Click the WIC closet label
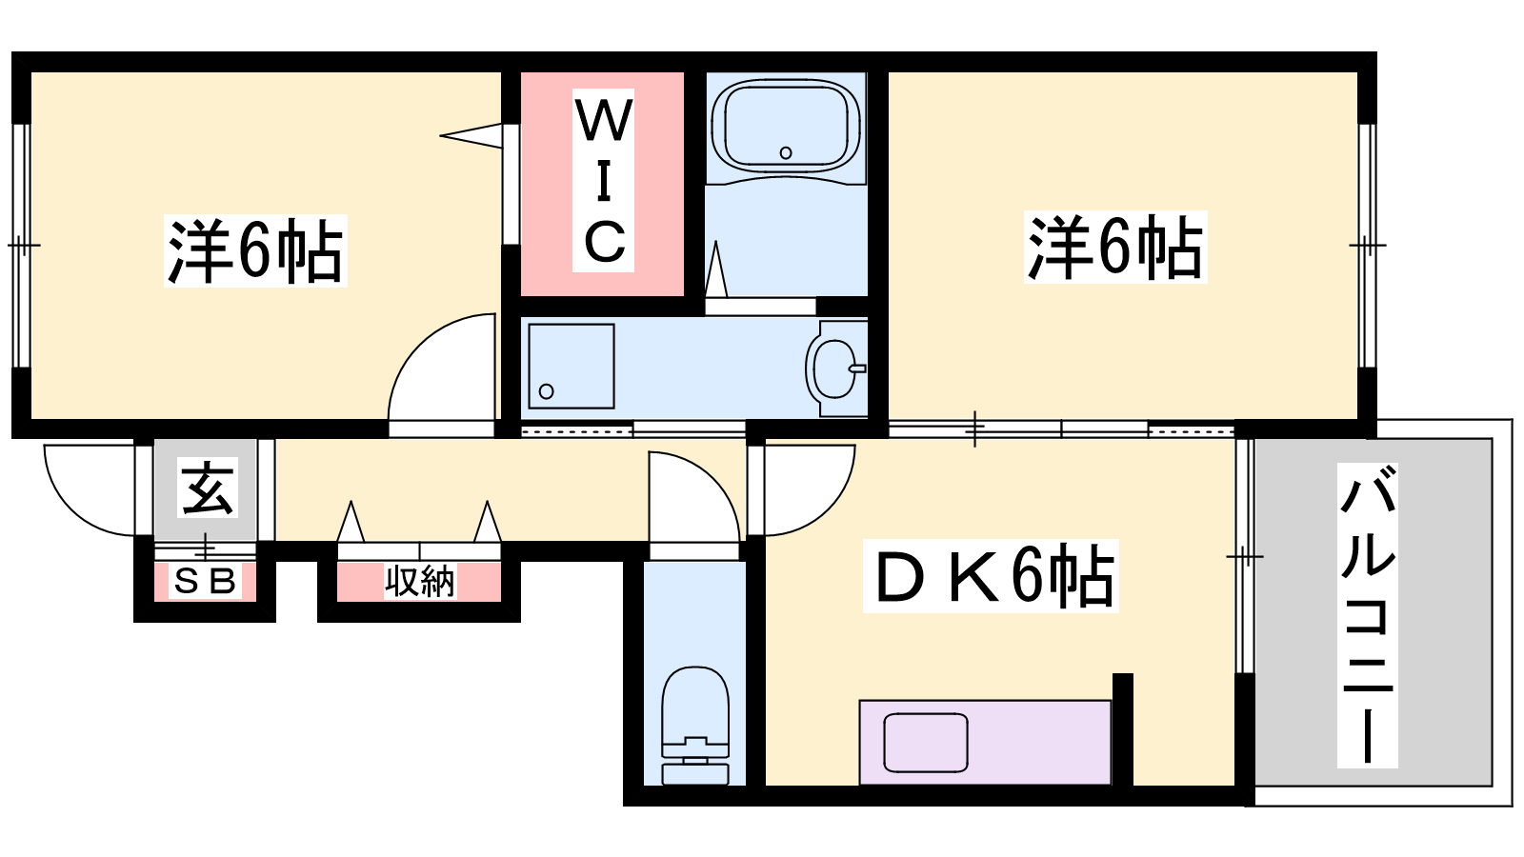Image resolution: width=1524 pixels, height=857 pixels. [604, 180]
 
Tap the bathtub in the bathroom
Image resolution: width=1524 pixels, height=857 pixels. [786, 128]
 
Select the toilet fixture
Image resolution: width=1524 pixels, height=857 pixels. [695, 726]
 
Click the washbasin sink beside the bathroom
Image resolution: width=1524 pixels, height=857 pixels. [835, 368]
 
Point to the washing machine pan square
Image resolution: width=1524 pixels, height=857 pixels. [571, 366]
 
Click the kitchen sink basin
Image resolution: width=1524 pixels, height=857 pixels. [925, 743]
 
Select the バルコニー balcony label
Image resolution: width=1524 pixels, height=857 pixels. [1368, 615]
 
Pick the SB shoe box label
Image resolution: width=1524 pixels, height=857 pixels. [205, 581]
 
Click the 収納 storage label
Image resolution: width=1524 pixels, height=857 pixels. [420, 582]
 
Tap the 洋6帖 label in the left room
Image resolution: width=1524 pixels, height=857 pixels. [256, 250]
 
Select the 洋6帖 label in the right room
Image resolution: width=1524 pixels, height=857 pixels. [1115, 247]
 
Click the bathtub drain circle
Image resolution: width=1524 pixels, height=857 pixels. [786, 153]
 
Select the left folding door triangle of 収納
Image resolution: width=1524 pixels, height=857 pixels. [351, 522]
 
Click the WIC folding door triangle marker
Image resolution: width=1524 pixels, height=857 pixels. [471, 135]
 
